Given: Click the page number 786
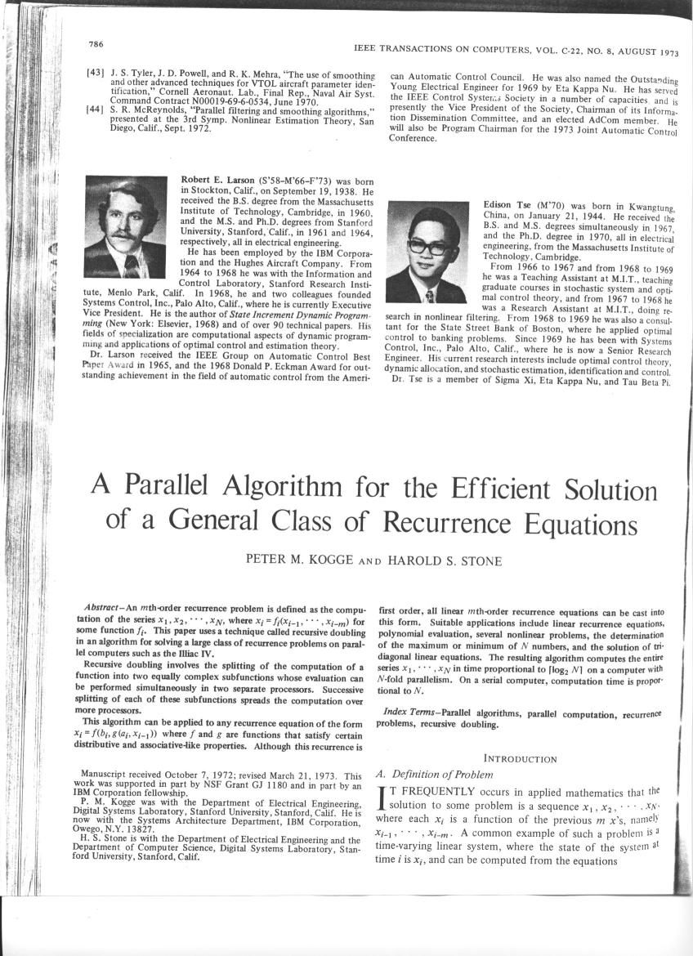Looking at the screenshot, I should tap(95, 43).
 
